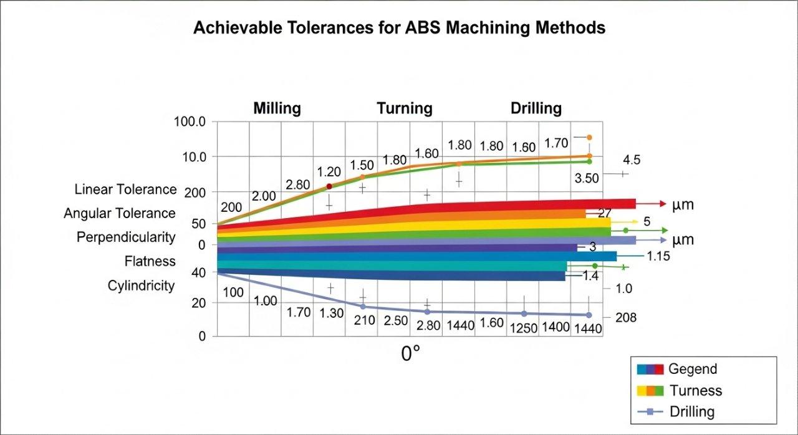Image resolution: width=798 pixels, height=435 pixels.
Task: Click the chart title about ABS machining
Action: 399,28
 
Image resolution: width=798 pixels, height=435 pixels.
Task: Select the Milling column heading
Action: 277,108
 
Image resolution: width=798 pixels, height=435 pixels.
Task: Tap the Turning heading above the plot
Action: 404,108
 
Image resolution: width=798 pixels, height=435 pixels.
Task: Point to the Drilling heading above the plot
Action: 536,108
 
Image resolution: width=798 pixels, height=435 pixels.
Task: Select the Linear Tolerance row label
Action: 125,189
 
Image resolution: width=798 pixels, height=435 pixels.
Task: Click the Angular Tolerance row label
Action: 120,214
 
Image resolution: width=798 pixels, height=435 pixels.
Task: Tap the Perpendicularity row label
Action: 126,238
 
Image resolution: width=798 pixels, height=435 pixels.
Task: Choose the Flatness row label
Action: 150,262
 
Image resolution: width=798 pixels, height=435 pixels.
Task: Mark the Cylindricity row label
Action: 141,286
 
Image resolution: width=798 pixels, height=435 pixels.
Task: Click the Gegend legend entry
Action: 692,369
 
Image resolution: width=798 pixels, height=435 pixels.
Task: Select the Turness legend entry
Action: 695,391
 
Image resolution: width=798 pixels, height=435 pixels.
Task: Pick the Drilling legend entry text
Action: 692,412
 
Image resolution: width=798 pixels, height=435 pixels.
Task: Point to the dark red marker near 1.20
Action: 329,186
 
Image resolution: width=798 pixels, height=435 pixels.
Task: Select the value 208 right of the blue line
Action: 625,318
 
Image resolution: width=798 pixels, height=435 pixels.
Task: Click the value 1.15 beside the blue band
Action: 658,256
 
